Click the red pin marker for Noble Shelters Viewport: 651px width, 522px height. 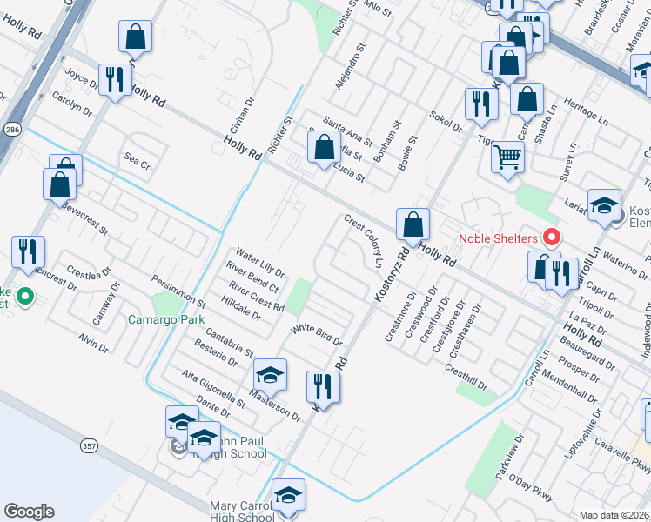(x=550, y=237)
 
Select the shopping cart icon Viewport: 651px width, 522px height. (x=507, y=158)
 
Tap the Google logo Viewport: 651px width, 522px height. (x=29, y=512)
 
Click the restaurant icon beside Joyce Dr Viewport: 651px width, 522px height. (x=115, y=81)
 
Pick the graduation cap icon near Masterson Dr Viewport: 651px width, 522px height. (x=270, y=375)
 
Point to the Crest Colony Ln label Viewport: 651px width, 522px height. (x=364, y=241)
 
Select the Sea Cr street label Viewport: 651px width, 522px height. (x=138, y=160)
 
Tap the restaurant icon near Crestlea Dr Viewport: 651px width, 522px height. (x=29, y=252)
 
